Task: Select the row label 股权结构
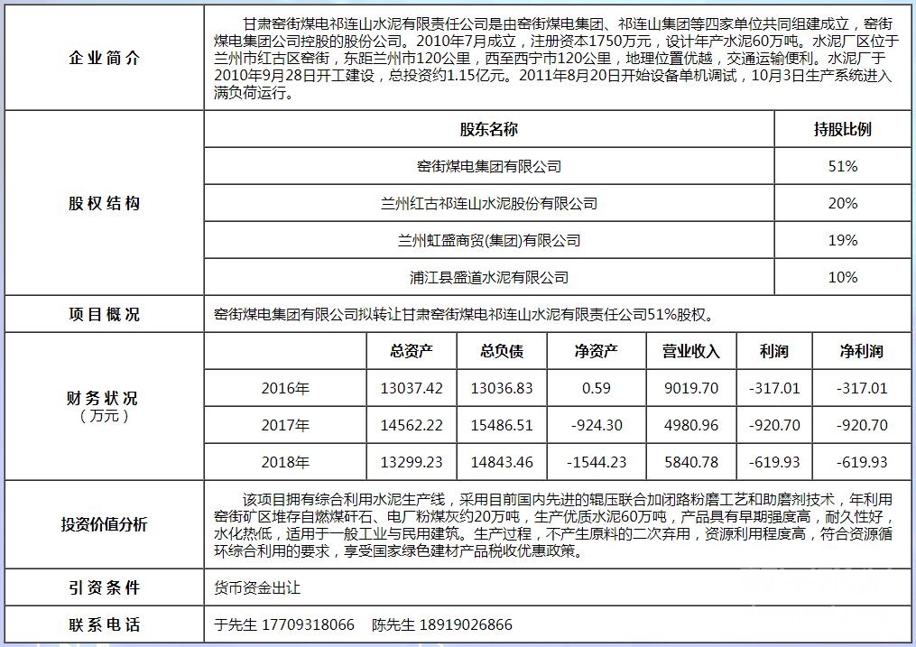(105, 204)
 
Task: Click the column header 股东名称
(489, 130)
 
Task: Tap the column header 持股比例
(842, 130)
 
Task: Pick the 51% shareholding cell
(842, 167)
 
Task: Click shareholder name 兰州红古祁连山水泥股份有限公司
(489, 204)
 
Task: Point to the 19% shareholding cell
(842, 241)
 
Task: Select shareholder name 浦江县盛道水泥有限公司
(489, 278)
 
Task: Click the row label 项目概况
(105, 315)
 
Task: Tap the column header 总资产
(412, 352)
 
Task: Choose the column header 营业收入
(690, 352)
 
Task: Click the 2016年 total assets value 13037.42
(412, 389)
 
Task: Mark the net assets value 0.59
(596, 389)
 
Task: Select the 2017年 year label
(285, 426)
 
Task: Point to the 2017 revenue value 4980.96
(690, 426)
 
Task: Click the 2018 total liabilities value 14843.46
(502, 463)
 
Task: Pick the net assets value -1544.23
(596, 463)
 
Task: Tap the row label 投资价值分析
(105, 525)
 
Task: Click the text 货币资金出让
(257, 588)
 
